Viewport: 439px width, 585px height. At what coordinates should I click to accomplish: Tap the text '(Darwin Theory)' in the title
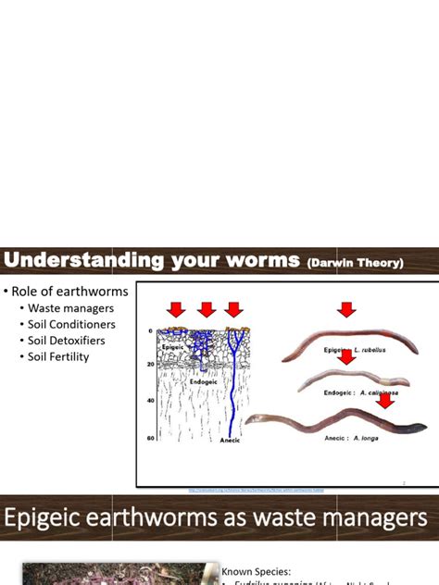click(355, 264)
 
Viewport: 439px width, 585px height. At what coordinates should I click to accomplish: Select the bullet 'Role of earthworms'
click(69, 291)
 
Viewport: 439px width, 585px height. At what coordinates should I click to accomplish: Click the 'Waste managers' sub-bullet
click(70, 308)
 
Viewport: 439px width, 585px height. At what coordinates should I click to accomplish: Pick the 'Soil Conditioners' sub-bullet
click(71, 325)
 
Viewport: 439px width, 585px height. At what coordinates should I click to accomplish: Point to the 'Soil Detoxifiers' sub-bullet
click(66, 341)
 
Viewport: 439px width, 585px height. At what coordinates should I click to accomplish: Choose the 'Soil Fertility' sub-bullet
click(57, 356)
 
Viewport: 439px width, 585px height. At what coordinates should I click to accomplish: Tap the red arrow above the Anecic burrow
click(234, 308)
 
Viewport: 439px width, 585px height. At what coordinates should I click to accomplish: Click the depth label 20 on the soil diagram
click(149, 365)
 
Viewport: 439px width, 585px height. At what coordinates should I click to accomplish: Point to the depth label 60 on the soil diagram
click(149, 438)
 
